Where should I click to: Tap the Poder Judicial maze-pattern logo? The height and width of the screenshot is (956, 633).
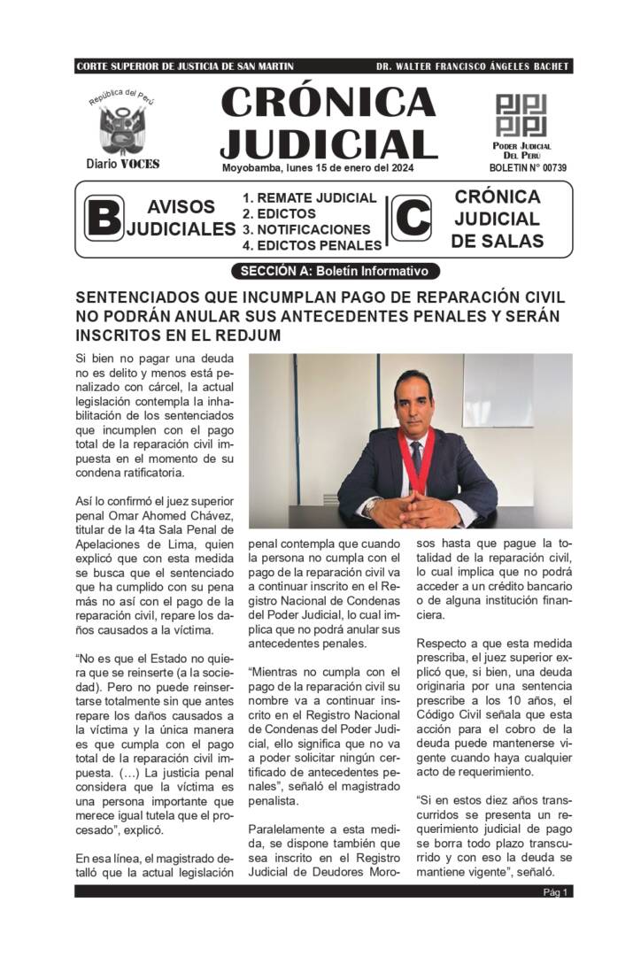521,115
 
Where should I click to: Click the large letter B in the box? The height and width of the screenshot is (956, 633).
103,219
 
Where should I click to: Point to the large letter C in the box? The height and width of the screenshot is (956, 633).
412,219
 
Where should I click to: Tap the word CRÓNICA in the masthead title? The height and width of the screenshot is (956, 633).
328,104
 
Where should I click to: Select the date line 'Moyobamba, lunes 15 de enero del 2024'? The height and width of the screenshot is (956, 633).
317,168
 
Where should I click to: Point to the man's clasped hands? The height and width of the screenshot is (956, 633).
416,508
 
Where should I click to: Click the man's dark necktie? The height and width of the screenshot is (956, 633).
416,456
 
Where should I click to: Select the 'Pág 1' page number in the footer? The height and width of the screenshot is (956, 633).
556,891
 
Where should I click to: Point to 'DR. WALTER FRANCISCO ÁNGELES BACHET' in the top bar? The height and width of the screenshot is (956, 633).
473,66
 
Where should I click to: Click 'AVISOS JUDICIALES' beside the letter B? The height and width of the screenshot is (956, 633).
180,218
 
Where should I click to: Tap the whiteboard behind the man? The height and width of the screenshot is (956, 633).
498,389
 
